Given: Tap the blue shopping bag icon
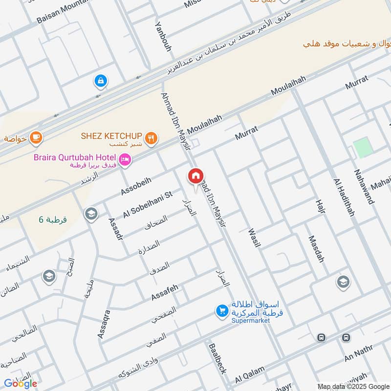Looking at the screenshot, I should coord(100,81).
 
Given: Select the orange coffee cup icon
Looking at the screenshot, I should coord(36,138).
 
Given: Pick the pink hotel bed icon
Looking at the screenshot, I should coord(125,160).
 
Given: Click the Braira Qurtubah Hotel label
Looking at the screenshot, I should coord(75,158).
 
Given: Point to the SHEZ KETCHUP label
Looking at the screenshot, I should coord(111,135).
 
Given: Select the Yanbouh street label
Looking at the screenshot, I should coord(162,36).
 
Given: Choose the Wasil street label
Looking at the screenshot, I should coord(253,238).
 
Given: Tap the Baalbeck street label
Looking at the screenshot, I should coord(217,358).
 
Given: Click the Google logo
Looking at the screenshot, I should coord(21,384).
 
